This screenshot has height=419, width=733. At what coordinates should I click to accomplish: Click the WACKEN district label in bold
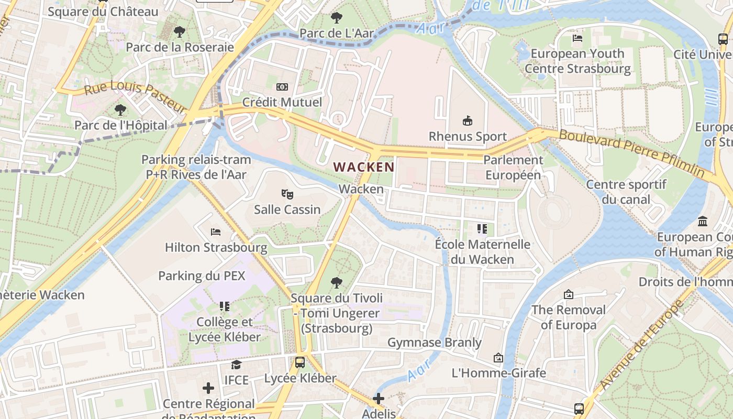[364, 167]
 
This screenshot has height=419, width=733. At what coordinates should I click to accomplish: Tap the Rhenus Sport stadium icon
[467, 121]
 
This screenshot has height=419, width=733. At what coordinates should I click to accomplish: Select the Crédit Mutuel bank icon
[282, 87]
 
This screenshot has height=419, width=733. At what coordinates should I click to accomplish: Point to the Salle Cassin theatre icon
[287, 194]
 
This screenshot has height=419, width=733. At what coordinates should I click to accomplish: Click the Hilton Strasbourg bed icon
[216, 231]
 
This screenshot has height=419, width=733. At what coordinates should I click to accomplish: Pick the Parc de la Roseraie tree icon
[180, 32]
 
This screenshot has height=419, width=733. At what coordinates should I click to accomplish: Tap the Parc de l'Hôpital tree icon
[120, 110]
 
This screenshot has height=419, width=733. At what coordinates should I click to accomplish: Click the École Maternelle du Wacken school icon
[482, 229]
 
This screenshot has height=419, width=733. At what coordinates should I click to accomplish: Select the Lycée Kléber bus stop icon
[300, 362]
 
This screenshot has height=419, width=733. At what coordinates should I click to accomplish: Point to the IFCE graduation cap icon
[237, 365]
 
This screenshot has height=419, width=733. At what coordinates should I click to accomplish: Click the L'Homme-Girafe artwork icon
[498, 358]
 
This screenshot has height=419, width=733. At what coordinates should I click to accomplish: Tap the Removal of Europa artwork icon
[569, 294]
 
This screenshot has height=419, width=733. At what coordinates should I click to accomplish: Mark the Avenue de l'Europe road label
[642, 346]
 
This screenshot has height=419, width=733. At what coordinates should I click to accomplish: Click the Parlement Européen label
[513, 168]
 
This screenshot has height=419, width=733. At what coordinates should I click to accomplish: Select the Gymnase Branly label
[435, 343]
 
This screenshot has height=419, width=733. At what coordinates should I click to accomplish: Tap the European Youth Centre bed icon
[577, 38]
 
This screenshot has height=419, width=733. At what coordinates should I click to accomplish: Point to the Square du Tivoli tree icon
[337, 283]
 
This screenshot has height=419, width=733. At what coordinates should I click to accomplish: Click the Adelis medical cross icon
[379, 399]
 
